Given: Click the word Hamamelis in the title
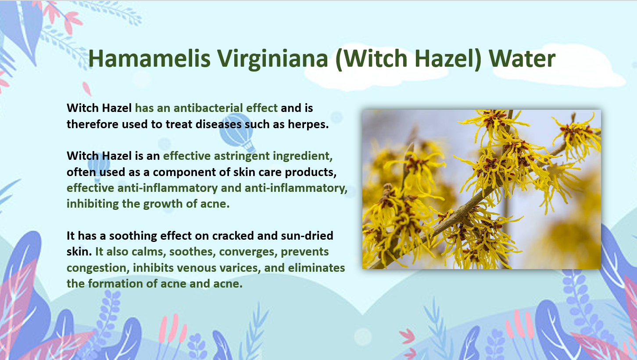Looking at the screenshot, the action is (x=149, y=58).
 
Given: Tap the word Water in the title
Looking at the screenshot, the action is (x=522, y=58).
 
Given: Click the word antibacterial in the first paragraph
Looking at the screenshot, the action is (x=208, y=108).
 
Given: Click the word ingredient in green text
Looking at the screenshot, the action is (x=303, y=156).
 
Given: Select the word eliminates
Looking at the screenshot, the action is (x=316, y=268).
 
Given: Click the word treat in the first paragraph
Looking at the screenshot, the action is (x=179, y=125).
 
